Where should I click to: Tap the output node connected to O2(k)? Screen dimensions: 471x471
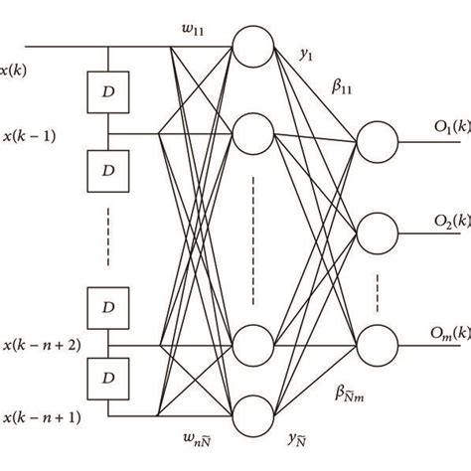pos(378,235)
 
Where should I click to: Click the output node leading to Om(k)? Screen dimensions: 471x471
pos(378,345)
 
